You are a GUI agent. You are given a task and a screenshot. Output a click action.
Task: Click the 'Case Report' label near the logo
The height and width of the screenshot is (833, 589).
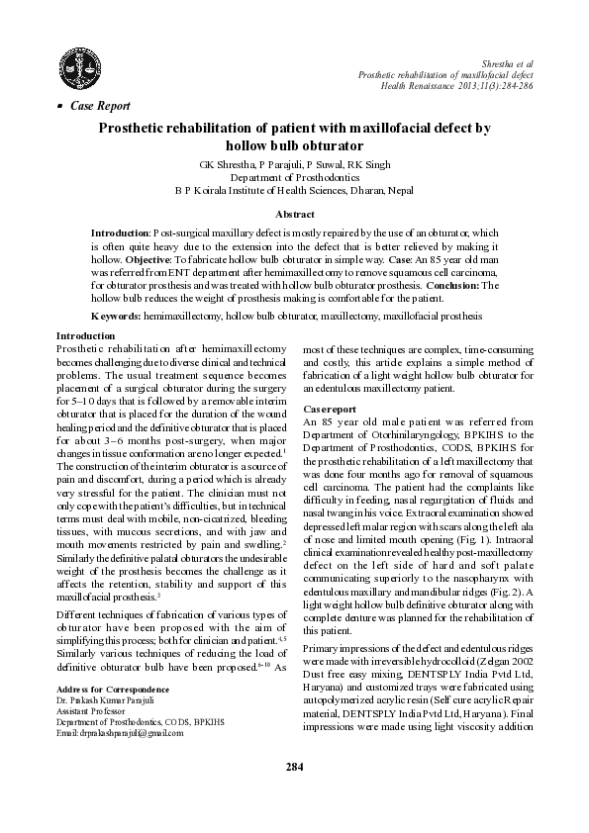pyautogui.click(x=99, y=105)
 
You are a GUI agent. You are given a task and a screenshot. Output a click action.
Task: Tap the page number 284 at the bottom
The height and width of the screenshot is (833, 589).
pyautogui.click(x=294, y=794)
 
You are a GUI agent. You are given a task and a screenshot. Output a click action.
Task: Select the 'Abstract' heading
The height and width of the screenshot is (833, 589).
pyautogui.click(x=294, y=214)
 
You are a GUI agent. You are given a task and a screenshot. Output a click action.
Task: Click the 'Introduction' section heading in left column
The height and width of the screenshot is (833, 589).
pyautogui.click(x=86, y=336)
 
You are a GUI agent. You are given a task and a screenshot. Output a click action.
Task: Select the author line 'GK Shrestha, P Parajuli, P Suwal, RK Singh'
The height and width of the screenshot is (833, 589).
pyautogui.click(x=294, y=163)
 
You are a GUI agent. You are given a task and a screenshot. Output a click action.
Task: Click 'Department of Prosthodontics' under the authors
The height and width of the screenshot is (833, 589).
pyautogui.click(x=294, y=176)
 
